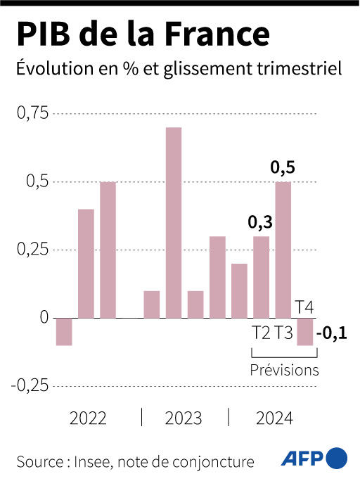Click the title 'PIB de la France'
142,34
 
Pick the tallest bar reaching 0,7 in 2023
174,222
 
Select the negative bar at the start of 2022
64,332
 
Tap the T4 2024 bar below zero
304,332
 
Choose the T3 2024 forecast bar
283,250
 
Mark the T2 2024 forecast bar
261,277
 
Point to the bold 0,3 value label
260,223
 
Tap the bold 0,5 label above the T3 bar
283,168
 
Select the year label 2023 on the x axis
184,419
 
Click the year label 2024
274,419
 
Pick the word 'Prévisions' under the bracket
285,371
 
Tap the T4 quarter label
304,307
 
